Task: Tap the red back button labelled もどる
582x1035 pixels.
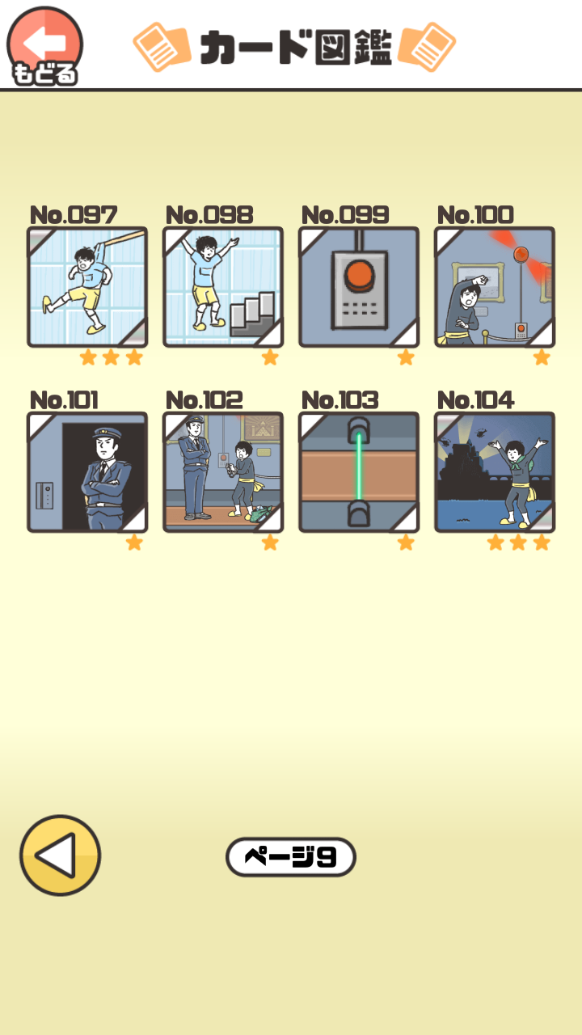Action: pos(44,46)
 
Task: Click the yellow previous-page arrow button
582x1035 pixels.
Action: pos(60,855)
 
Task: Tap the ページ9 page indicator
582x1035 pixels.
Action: pos(290,856)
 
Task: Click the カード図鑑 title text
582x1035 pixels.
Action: pos(296,47)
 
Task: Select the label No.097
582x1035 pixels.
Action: pos(73,215)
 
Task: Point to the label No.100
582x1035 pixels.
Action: pos(475,215)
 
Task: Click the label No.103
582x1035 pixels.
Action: pos(339,400)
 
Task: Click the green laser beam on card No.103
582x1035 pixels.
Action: pos(359,467)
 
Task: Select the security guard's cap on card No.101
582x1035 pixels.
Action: pos(107,433)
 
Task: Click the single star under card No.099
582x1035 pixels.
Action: pos(406,357)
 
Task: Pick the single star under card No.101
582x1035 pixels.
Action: pos(134,543)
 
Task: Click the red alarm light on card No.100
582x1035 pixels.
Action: pos(521,254)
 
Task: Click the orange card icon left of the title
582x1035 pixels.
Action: pos(162,47)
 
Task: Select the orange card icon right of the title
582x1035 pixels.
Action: pos(427,47)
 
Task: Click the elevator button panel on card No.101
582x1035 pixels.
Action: pos(44,496)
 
